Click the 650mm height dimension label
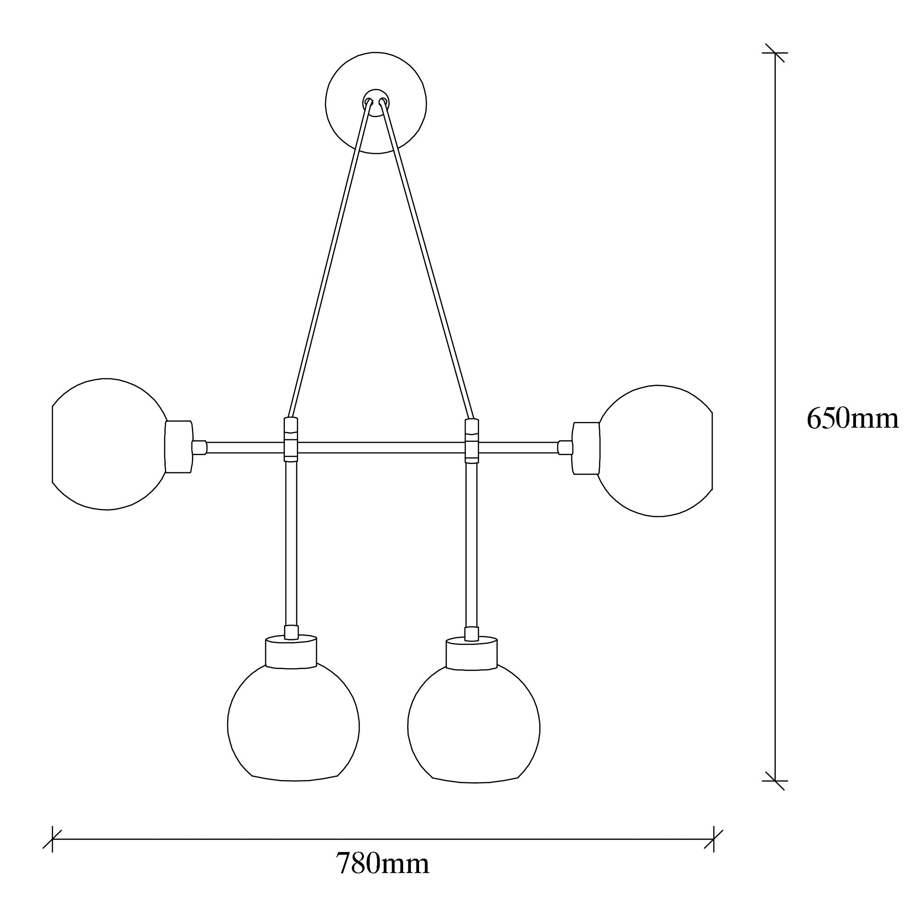(852, 419)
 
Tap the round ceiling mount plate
(376, 103)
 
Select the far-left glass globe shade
(109, 444)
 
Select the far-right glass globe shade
(655, 450)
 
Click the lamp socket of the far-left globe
(179, 447)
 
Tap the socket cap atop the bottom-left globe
(291, 651)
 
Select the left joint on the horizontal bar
(291, 440)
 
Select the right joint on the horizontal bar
(472, 441)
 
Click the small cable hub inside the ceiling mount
(376, 102)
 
